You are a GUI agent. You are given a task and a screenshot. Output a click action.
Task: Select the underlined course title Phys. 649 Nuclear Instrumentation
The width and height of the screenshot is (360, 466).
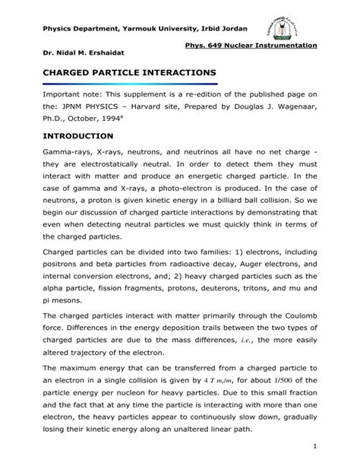tap(257, 46)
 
